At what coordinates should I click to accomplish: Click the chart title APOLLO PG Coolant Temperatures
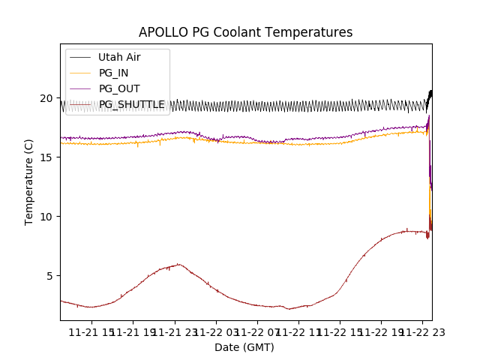[x=245, y=32]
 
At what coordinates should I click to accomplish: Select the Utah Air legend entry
[x=118, y=57]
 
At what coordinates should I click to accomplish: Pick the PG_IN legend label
[x=114, y=73]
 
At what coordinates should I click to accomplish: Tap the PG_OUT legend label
[x=118, y=88]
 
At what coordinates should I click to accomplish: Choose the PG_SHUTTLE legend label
[x=131, y=104]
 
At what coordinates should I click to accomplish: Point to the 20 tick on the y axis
[x=46, y=98]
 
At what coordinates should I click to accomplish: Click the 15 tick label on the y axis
[x=46, y=157]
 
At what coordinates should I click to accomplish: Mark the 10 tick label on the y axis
[x=46, y=217]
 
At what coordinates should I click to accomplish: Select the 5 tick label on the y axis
[x=49, y=276]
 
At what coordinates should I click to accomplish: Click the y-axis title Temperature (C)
[x=29, y=182]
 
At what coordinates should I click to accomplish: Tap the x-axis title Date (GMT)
[x=244, y=347]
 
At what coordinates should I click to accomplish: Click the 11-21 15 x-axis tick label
[x=92, y=332]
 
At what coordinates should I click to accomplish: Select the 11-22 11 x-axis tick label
[x=298, y=332]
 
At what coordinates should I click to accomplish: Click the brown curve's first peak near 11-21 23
[x=178, y=264]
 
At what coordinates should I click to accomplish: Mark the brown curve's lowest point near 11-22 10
[x=288, y=308]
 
